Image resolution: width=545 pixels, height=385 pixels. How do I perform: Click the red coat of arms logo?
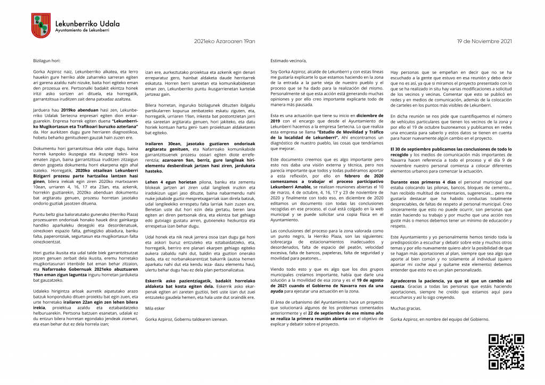tap(41, 26)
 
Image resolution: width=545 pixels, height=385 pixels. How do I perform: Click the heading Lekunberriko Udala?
tap(87, 23)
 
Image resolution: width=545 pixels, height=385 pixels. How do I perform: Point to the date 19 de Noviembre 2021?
tap(484, 41)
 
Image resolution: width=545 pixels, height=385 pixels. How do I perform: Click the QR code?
tap(506, 351)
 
